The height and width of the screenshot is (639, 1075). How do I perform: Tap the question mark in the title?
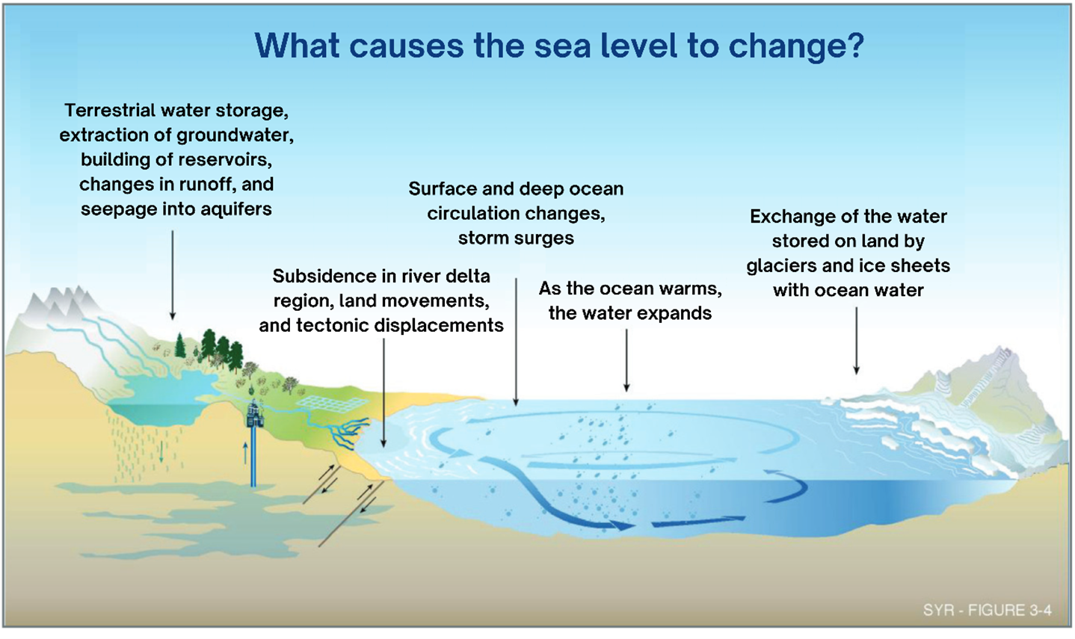click(853, 46)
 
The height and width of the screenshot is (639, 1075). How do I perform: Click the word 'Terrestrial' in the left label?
click(112, 111)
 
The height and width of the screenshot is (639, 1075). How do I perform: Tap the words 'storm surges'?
click(516, 238)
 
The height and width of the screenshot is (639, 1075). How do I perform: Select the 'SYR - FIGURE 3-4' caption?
click(987, 610)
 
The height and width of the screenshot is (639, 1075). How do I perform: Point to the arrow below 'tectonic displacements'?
click(384, 392)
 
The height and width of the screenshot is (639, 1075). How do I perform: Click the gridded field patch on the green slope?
click(324, 404)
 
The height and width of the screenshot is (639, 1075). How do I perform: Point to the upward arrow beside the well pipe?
click(244, 451)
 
